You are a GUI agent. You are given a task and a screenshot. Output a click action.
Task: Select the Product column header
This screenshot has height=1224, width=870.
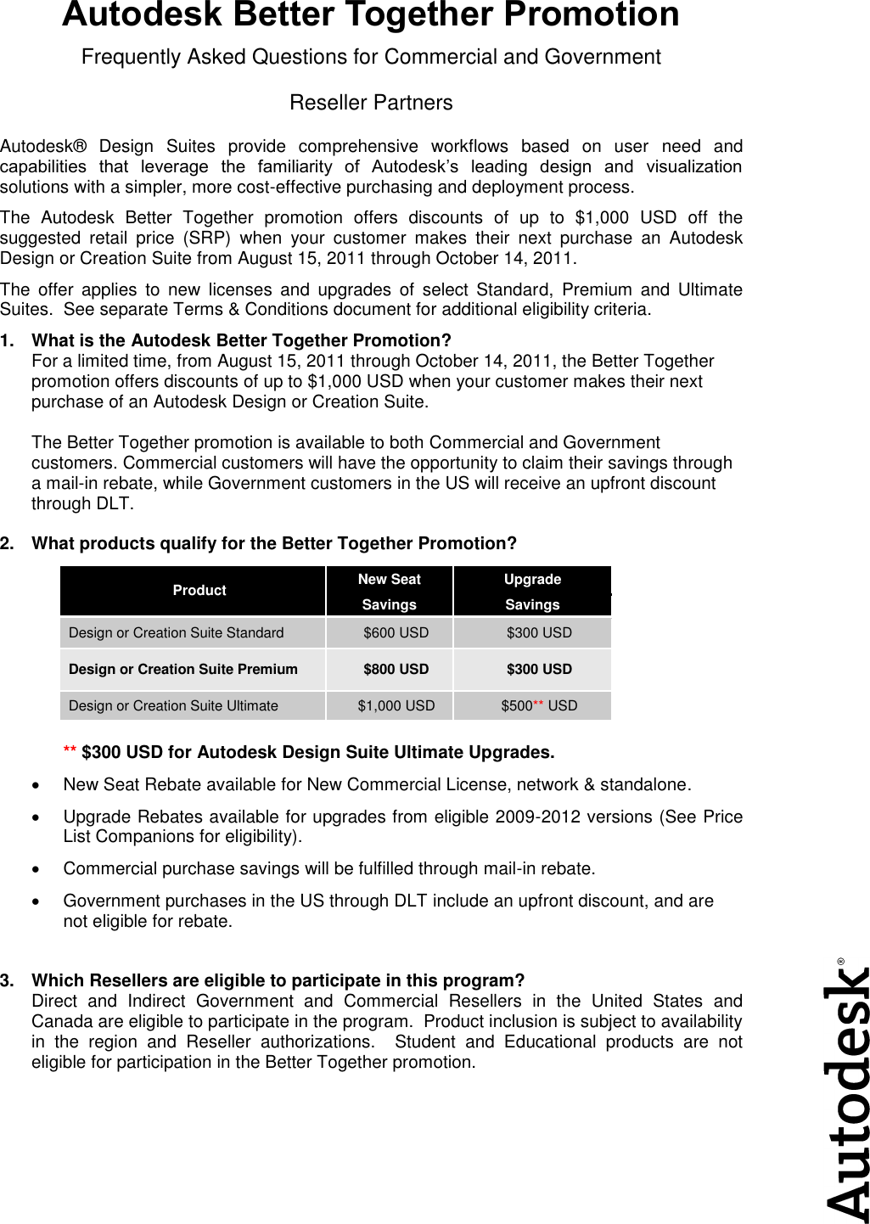(x=199, y=591)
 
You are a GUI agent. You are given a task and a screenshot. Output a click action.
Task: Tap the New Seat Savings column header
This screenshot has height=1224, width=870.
(x=390, y=592)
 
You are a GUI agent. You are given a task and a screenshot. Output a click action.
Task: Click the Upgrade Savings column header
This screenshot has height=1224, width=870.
(x=532, y=592)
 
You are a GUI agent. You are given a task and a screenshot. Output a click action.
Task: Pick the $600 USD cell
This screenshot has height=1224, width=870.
(x=396, y=633)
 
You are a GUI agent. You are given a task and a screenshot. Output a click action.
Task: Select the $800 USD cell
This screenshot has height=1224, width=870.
(x=396, y=670)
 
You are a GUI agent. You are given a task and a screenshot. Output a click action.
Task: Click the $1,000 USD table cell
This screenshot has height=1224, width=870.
(x=396, y=706)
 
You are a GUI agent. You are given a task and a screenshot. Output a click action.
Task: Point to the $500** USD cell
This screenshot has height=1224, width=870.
(x=539, y=706)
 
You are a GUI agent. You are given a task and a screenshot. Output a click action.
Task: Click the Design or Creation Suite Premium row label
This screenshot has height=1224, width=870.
(x=183, y=670)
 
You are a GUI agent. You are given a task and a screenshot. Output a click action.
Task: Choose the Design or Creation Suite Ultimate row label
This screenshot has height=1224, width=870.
(x=173, y=706)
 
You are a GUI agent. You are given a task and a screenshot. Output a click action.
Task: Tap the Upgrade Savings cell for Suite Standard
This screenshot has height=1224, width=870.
(x=539, y=633)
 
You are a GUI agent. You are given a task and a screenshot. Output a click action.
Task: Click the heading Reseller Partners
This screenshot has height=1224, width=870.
(x=371, y=104)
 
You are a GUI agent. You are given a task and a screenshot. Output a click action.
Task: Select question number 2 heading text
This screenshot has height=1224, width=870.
(x=273, y=543)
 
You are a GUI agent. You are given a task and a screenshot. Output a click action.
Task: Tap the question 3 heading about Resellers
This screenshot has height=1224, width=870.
(x=278, y=981)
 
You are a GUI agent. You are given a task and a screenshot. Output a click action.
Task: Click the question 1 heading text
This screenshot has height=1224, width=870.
(x=241, y=341)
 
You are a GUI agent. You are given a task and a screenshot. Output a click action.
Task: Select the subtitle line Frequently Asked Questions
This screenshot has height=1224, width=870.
(x=371, y=58)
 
